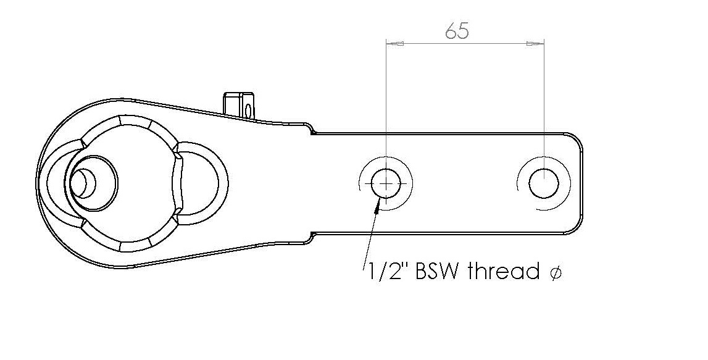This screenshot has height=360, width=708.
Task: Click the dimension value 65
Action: click(457, 31)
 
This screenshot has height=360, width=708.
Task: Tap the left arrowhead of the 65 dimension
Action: click(394, 43)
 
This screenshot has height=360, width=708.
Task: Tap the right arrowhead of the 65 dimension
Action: click(536, 43)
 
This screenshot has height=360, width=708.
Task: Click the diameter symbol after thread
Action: click(556, 272)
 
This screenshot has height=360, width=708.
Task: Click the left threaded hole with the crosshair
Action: click(386, 184)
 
